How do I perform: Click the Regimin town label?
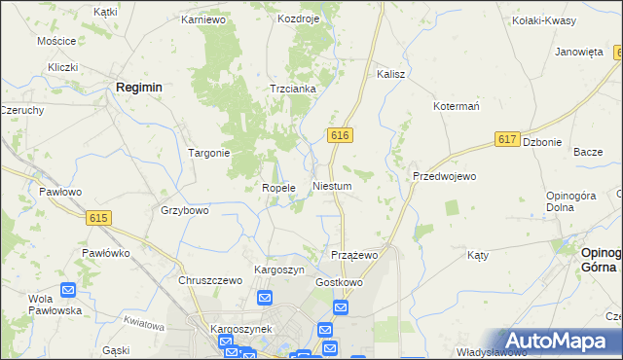(138, 87)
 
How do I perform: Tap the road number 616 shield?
(339, 136)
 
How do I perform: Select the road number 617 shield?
(506, 140)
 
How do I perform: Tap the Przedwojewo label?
(444, 176)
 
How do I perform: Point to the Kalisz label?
(390, 73)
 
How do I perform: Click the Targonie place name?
(208, 153)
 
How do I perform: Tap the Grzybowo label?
(185, 210)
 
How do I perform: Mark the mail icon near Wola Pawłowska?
(68, 290)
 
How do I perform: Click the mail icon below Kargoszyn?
(264, 298)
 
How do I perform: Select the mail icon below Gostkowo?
(340, 307)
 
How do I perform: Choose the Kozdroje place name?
(298, 18)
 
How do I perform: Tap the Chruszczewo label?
(209, 280)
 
